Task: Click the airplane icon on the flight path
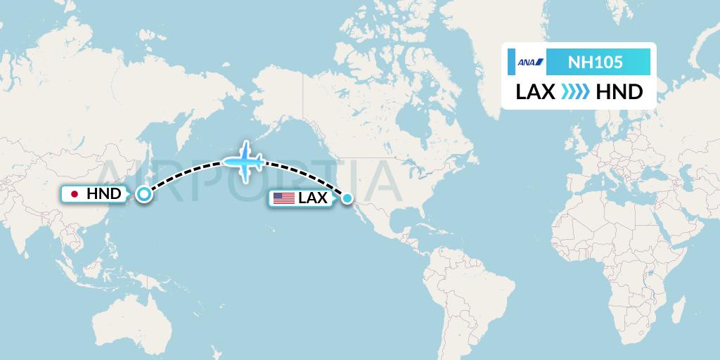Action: [x=243, y=162]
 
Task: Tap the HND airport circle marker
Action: [x=143, y=194]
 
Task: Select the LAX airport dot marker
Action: [x=347, y=199]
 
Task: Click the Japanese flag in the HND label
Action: [x=74, y=193]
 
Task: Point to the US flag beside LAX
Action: [x=284, y=198]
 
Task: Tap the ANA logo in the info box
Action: [x=530, y=63]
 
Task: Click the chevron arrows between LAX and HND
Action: [x=576, y=92]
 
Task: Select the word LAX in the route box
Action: [x=536, y=92]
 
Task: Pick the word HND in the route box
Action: [x=619, y=92]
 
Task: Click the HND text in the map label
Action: [x=104, y=193]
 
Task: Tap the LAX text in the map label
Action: [x=313, y=198]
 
